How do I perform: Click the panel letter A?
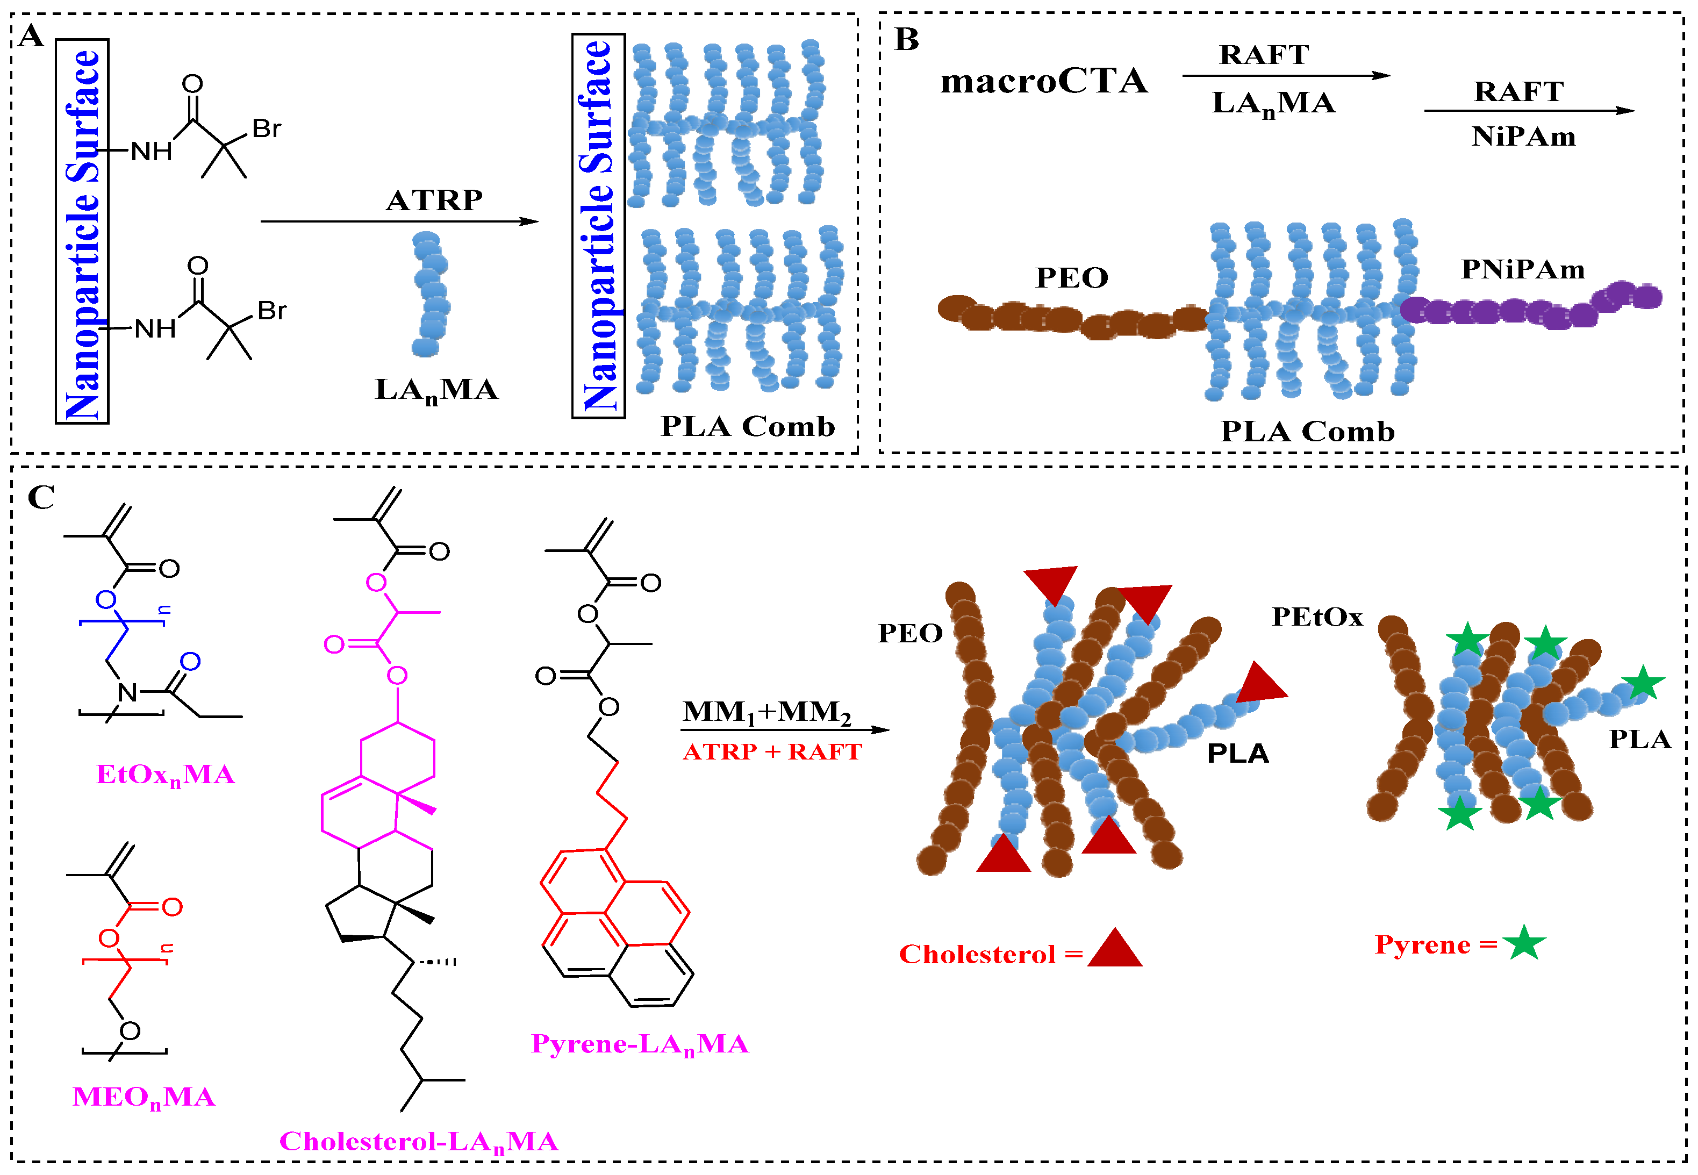point(31,35)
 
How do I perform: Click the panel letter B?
point(906,39)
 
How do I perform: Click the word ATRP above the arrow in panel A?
point(434,200)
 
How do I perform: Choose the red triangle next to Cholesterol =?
point(1114,948)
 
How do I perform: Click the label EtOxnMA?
point(166,775)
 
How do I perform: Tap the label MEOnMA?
point(144,1098)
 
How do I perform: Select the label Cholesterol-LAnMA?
point(418,1142)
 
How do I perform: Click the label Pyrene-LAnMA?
point(640,1044)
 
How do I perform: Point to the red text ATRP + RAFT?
point(771,751)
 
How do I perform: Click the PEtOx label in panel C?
point(1317,617)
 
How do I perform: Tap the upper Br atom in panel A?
point(267,129)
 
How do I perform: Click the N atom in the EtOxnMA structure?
point(127,692)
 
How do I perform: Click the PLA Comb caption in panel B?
point(1307,432)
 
